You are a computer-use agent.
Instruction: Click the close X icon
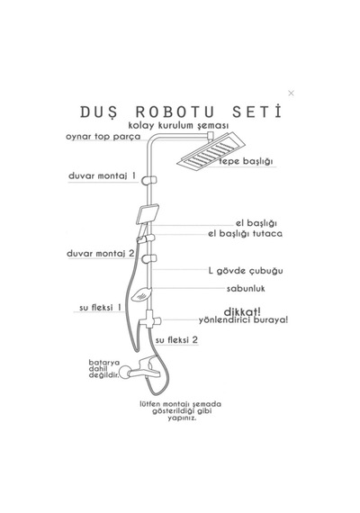pyautogui.click(x=291, y=94)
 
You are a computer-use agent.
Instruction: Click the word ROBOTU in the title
pyautogui.click(x=175, y=112)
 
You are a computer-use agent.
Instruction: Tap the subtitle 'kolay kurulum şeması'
pyautogui.click(x=178, y=126)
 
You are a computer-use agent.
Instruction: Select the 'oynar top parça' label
pyautogui.click(x=103, y=137)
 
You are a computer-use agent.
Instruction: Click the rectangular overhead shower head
pyautogui.click(x=211, y=151)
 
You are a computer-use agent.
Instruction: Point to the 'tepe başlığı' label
pyautogui.click(x=246, y=161)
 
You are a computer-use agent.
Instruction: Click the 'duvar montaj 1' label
pyautogui.click(x=102, y=176)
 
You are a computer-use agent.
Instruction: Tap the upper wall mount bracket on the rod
pyautogui.click(x=149, y=180)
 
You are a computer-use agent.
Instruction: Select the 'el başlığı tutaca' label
pyautogui.click(x=245, y=234)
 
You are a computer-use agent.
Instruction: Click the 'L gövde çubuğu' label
pyautogui.click(x=246, y=271)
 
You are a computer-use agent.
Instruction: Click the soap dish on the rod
pyautogui.click(x=141, y=294)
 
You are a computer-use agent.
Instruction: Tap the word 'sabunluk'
pyautogui.click(x=246, y=289)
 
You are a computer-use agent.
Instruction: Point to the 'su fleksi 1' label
pyautogui.click(x=100, y=308)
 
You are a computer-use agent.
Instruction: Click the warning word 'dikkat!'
pyautogui.click(x=242, y=311)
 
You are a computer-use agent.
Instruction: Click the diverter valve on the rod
pyautogui.click(x=149, y=320)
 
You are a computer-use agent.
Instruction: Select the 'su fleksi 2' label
pyautogui.click(x=176, y=340)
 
